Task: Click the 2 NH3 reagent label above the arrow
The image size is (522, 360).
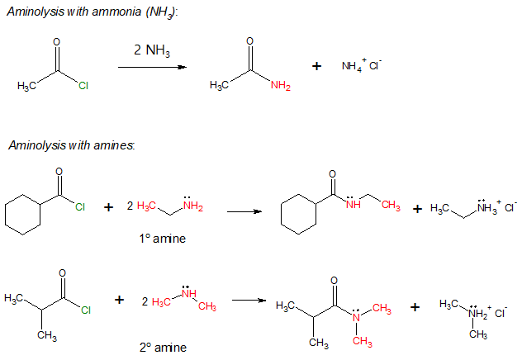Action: [152, 51]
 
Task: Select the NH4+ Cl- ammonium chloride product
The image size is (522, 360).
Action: [361, 66]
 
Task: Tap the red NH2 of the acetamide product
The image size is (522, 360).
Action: [280, 88]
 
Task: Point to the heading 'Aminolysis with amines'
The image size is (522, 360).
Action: [72, 145]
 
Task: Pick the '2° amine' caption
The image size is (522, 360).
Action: [163, 347]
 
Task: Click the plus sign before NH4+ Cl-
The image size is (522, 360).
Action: [316, 66]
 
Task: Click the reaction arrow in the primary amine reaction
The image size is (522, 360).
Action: [244, 211]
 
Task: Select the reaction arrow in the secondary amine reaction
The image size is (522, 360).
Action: [249, 300]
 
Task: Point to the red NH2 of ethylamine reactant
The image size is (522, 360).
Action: [192, 206]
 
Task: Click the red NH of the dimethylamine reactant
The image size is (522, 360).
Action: [188, 293]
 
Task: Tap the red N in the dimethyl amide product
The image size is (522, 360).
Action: [356, 313]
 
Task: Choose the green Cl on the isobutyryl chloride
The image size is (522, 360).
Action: [85, 311]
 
